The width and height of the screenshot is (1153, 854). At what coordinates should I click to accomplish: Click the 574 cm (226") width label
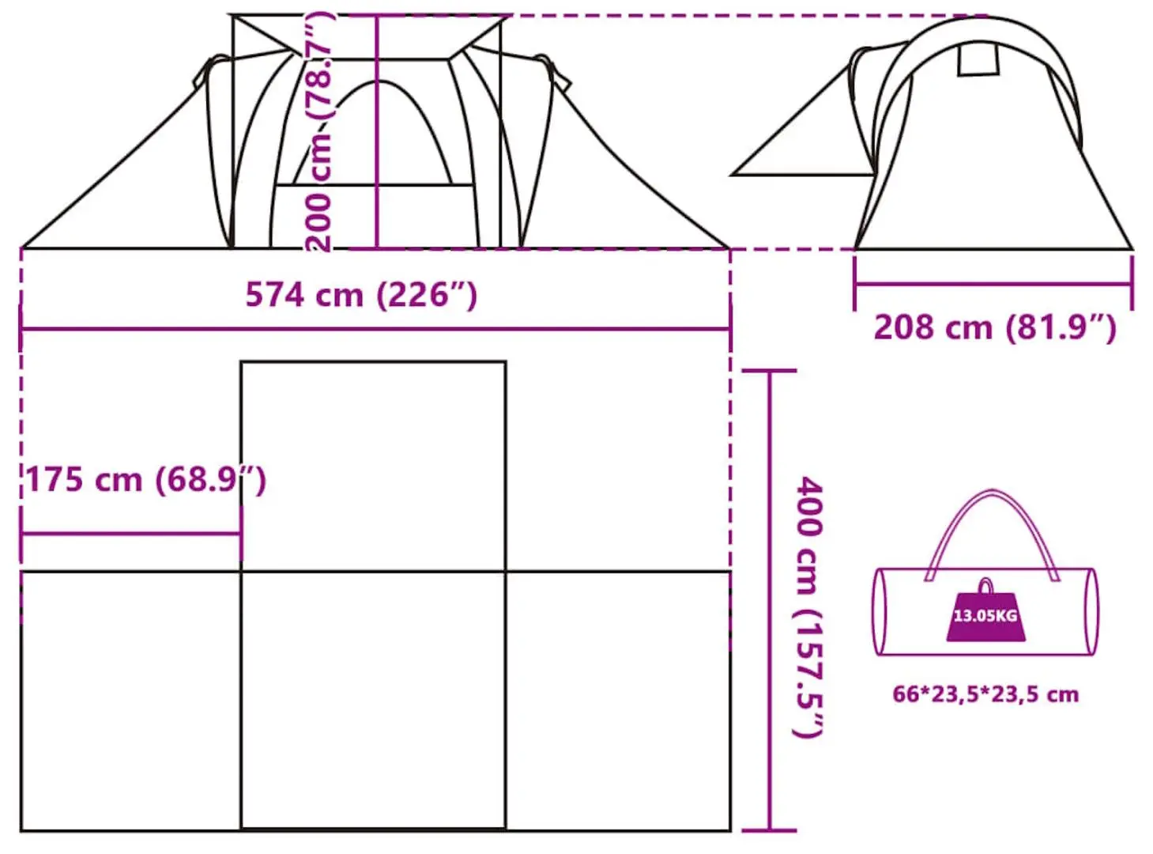(x=361, y=295)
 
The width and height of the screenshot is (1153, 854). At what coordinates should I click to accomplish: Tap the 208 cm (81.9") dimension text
(x=994, y=327)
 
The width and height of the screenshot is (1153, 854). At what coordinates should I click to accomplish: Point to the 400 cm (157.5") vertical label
(x=809, y=606)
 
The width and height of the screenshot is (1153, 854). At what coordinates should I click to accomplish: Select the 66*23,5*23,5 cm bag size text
(x=985, y=694)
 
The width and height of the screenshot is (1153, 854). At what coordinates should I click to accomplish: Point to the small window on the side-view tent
(x=978, y=59)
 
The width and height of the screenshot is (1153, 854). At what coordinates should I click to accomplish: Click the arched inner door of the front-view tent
(x=378, y=134)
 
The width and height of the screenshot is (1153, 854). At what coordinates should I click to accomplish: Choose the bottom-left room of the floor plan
(x=130, y=700)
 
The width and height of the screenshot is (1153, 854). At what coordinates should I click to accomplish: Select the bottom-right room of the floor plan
(x=618, y=700)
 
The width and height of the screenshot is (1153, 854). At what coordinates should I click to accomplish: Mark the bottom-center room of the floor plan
(x=373, y=700)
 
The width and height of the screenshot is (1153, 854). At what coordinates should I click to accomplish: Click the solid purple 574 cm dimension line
(x=474, y=329)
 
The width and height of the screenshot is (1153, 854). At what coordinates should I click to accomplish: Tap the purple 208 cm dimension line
(x=993, y=284)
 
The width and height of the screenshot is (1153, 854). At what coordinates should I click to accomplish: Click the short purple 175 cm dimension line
(x=130, y=535)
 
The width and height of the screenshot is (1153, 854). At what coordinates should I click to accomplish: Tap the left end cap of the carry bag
(x=880, y=611)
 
